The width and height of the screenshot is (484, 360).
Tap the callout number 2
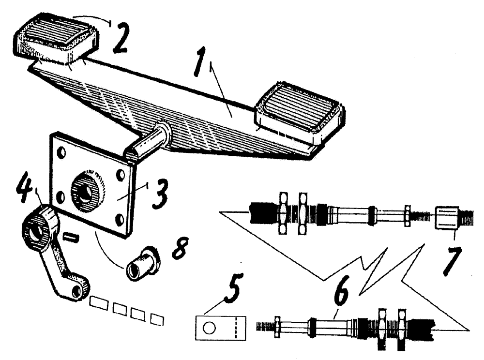[120, 39]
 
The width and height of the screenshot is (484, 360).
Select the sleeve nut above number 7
[447, 218]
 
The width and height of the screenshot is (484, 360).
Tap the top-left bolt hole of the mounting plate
[61, 153]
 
